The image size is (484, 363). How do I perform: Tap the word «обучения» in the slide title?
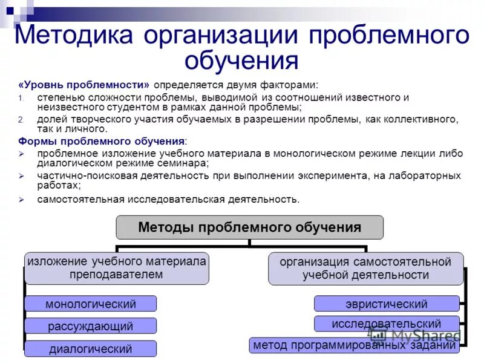click(242, 60)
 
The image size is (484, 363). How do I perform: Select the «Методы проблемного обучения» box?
click(249, 227)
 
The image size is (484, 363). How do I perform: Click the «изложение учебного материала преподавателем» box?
click(116, 268)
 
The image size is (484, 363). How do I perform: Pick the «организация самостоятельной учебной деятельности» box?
click(365, 269)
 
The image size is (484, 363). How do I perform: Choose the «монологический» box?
click(91, 304)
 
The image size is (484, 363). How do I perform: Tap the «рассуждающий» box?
click(91, 326)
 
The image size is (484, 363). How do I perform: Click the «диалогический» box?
click(91, 348)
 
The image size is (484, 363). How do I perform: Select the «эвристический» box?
click(387, 304)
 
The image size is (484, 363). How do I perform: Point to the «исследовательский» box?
click(387, 324)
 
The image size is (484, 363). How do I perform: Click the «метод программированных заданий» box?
click(355, 345)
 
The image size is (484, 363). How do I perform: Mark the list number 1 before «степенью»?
click(20, 98)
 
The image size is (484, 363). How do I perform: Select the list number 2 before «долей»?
click(20, 120)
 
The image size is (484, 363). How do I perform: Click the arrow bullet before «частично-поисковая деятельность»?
click(21, 176)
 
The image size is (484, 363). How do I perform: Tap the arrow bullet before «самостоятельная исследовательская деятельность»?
click(21, 199)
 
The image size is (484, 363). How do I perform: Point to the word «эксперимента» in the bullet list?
click(347, 175)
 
